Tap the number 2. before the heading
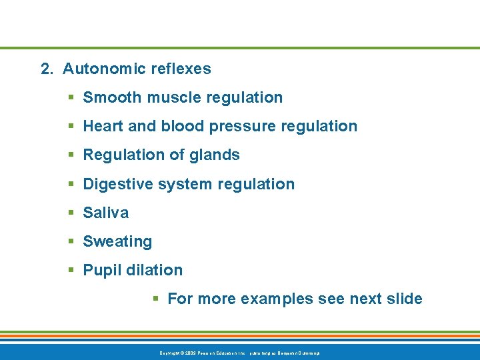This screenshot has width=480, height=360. [47, 69]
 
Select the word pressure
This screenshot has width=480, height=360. [241, 127]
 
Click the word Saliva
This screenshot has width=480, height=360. [106, 213]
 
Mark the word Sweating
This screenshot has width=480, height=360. [117, 242]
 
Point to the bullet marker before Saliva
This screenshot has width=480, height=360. [71, 213]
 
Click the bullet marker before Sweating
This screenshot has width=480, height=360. [71, 242]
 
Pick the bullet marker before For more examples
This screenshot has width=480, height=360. [155, 299]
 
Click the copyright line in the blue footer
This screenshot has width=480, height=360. [240, 352]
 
